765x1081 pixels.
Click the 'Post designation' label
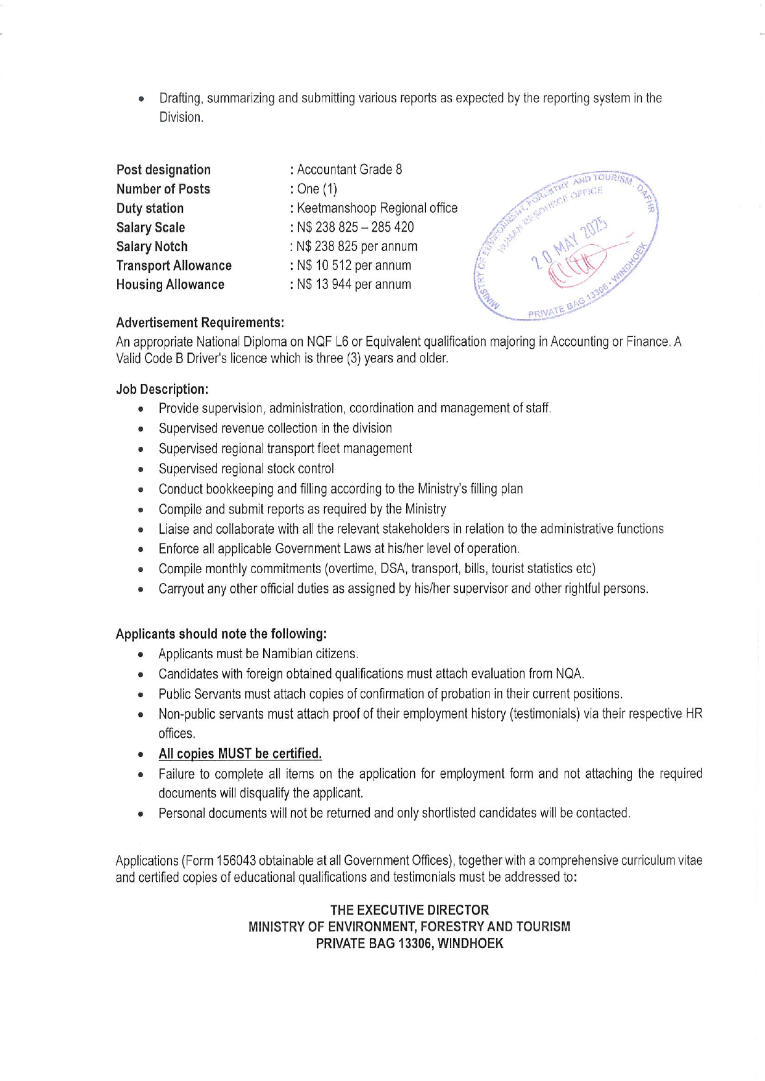(163, 170)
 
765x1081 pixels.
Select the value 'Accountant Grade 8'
(350, 169)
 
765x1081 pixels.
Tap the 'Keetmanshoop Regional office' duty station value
(377, 208)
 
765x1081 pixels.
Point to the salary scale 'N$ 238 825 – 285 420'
(355, 227)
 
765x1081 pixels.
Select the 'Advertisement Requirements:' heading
(200, 323)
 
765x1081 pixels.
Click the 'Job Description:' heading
(162, 390)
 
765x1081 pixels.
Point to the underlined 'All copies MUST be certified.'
(240, 754)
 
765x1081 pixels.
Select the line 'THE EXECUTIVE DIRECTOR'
(409, 910)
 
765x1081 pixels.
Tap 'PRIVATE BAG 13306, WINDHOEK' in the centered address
(409, 944)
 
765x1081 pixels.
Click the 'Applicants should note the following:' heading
(221, 634)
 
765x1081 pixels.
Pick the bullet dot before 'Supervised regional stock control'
(141, 470)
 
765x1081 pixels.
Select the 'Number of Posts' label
(163, 189)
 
